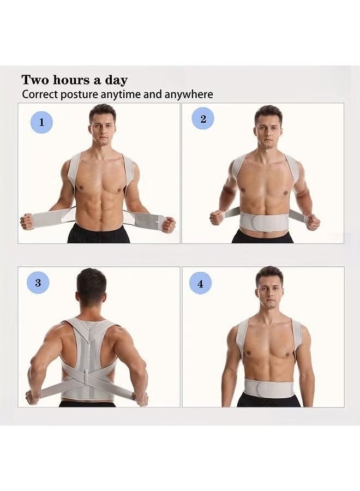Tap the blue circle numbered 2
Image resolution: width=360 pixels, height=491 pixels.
pyautogui.click(x=203, y=119)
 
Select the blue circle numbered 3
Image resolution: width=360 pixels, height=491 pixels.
pyautogui.click(x=38, y=283)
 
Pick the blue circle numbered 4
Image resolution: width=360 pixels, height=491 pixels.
pyautogui.click(x=200, y=284)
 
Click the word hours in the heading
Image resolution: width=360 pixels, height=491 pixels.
pyautogui.click(x=71, y=80)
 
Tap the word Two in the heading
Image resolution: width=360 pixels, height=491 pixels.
pyautogui.click(x=34, y=80)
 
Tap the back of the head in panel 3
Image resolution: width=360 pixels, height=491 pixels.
pyautogui.click(x=91, y=289)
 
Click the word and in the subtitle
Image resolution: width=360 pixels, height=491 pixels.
pyautogui.click(x=153, y=94)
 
